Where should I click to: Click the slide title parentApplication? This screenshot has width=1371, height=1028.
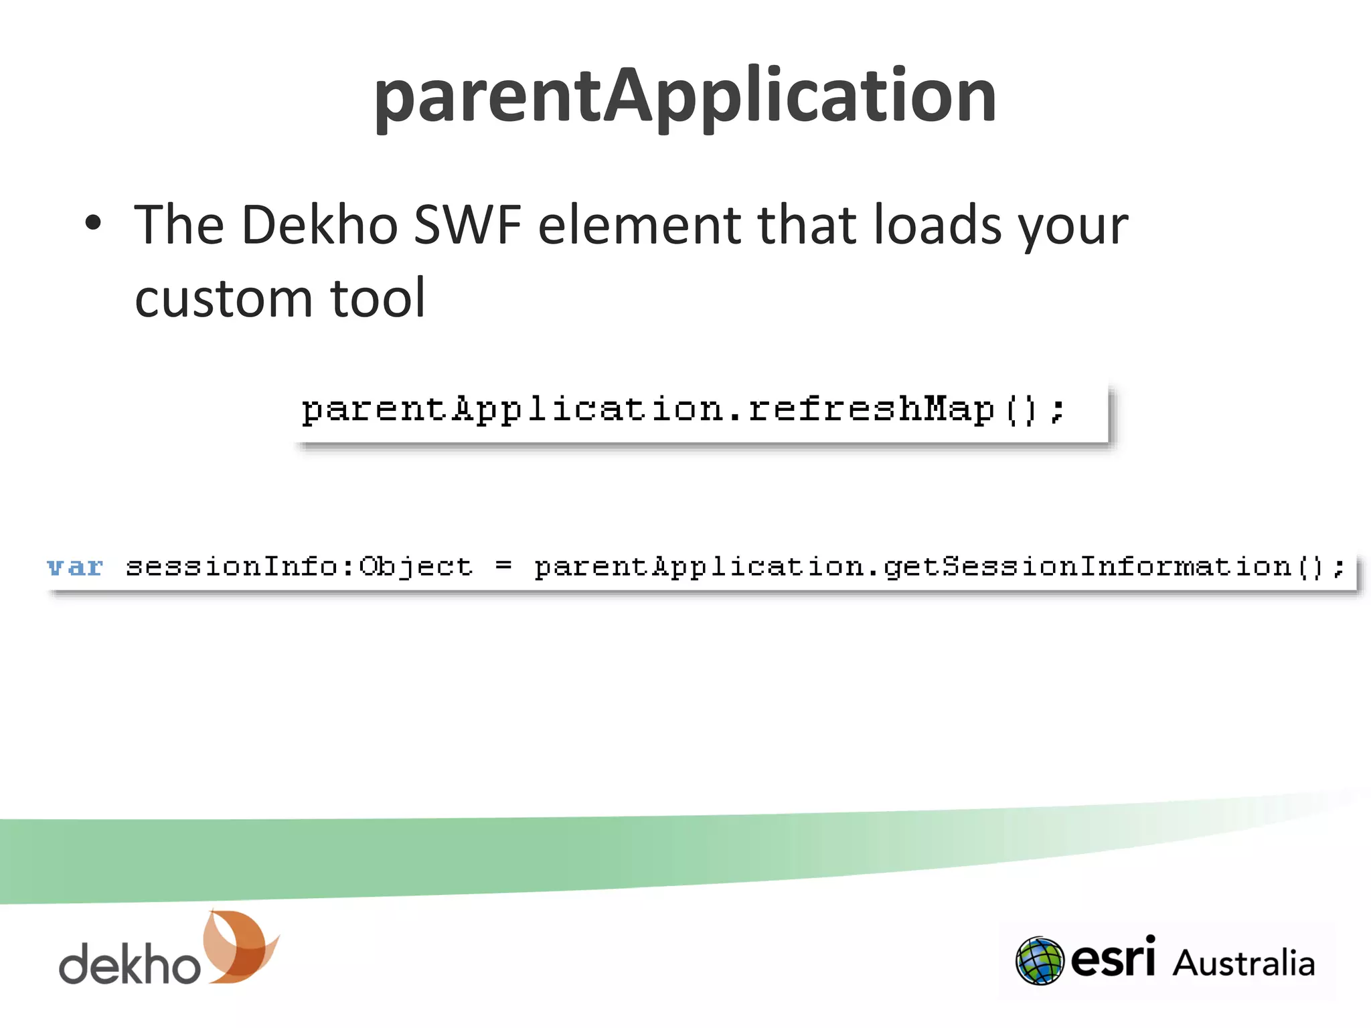[x=685, y=97]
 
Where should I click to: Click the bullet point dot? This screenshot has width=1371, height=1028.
[x=93, y=224]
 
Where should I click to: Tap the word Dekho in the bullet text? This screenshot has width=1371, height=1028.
[x=319, y=225]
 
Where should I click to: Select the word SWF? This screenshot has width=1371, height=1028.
[x=467, y=225]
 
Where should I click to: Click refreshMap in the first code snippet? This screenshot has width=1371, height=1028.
[x=870, y=409]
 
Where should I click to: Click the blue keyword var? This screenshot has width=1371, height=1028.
[x=75, y=567]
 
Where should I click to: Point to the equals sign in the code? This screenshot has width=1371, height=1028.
[x=503, y=566]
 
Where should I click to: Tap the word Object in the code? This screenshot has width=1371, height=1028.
[x=416, y=568]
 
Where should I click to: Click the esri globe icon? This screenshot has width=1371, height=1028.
[x=1039, y=961]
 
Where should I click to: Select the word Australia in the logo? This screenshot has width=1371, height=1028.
[x=1243, y=963]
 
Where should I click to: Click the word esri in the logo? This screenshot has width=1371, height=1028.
[x=1113, y=958]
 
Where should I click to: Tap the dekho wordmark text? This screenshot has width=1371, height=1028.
[x=129, y=964]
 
